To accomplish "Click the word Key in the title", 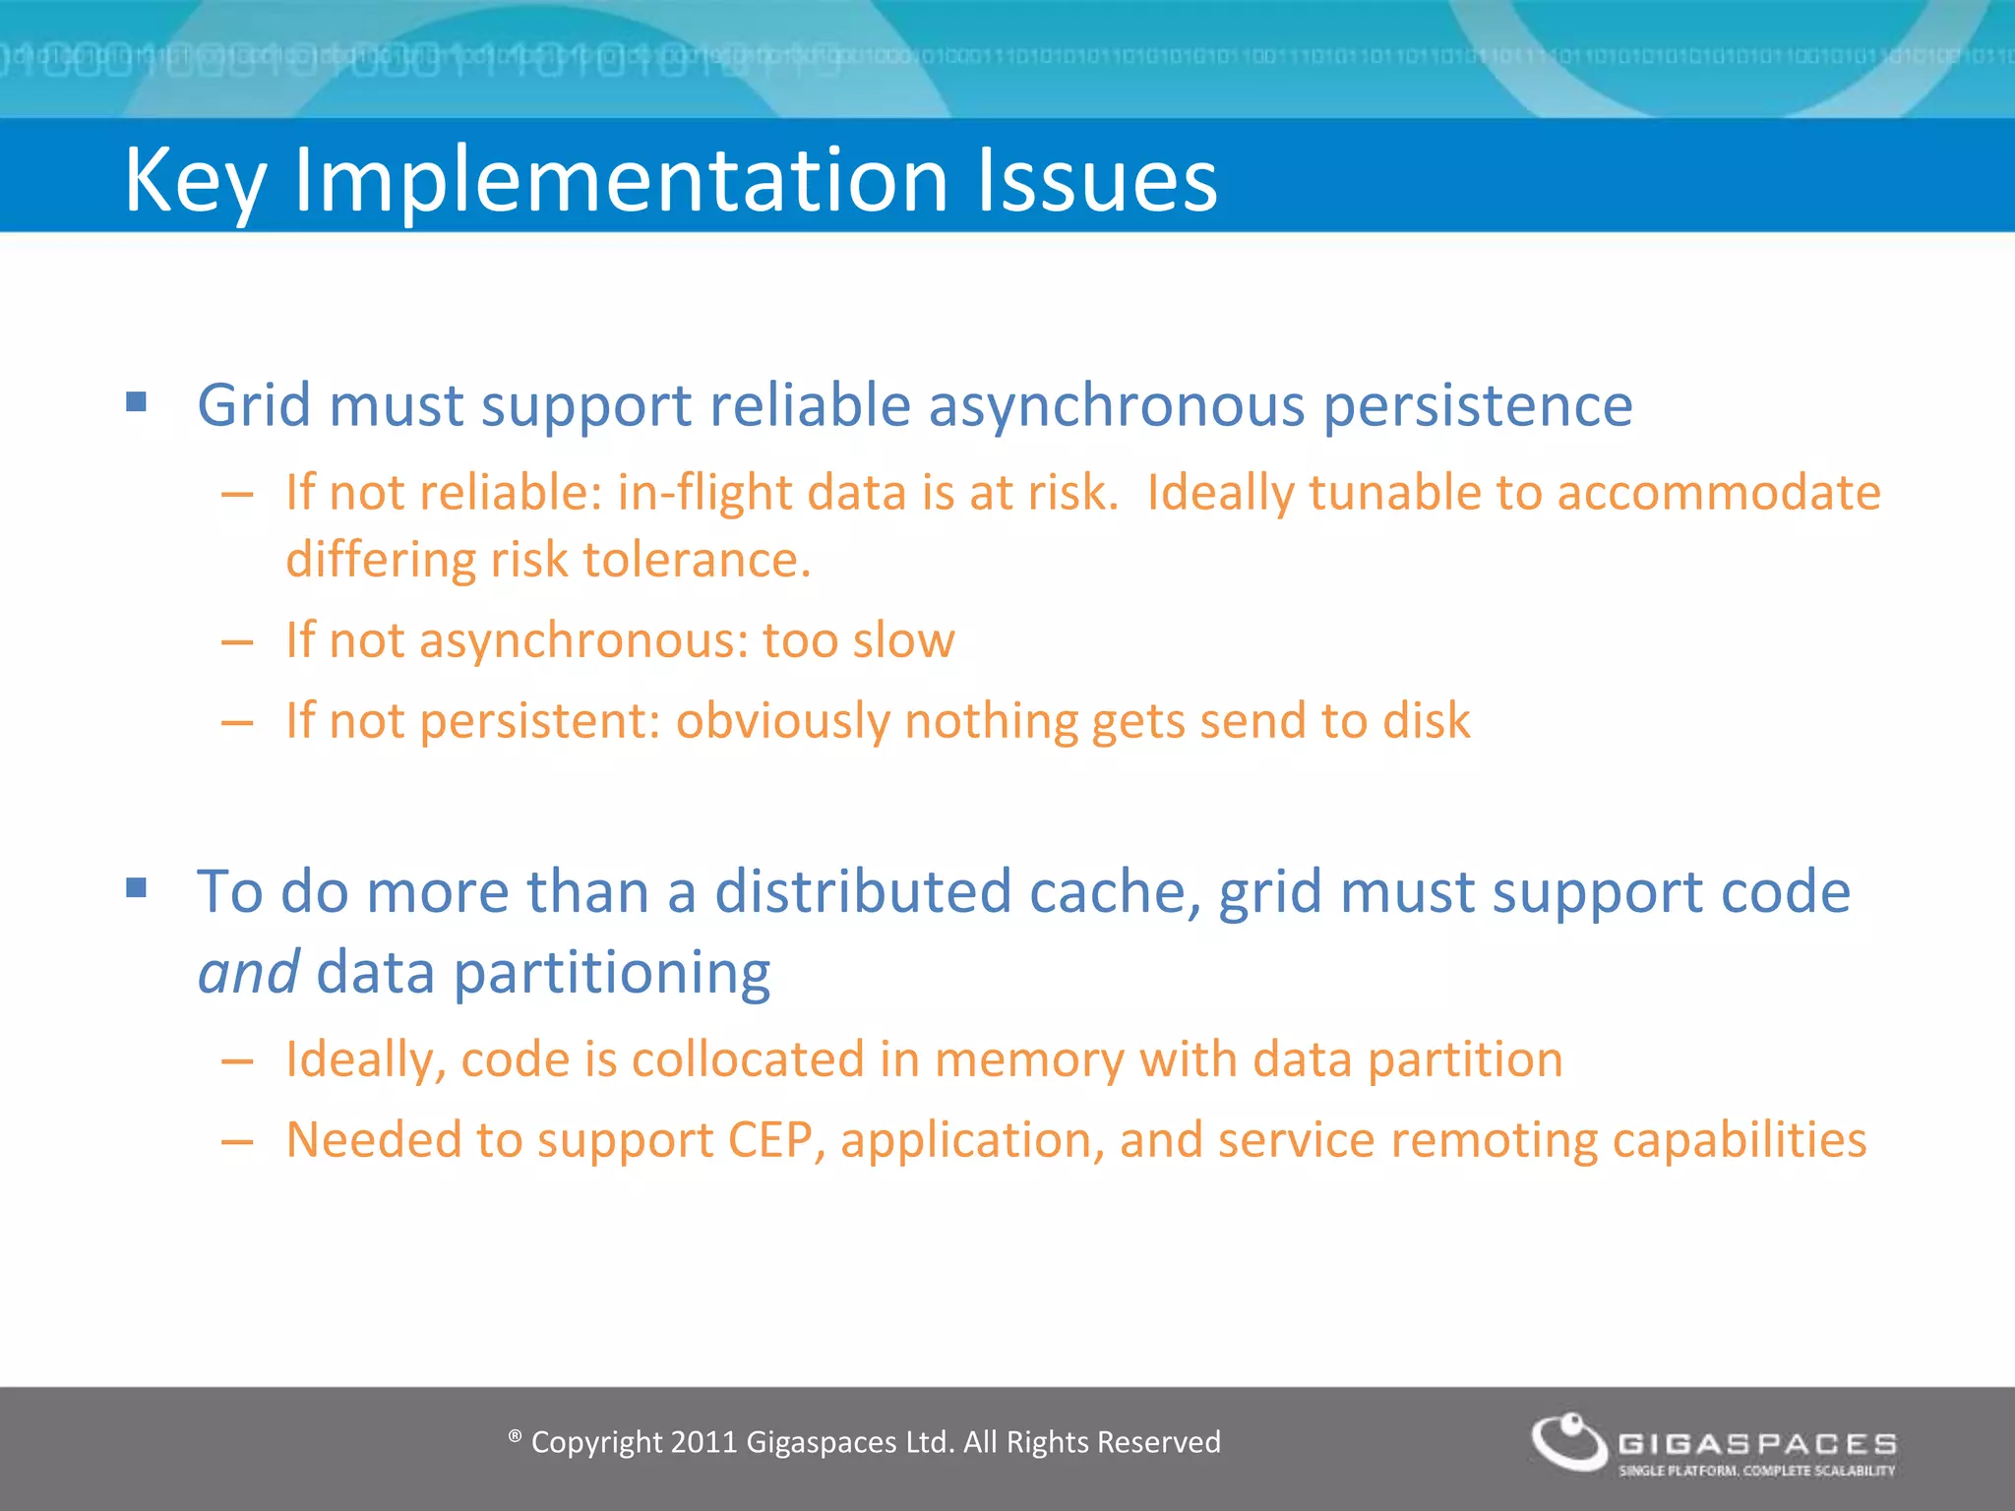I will (x=195, y=182).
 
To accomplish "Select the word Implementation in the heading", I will (x=620, y=182).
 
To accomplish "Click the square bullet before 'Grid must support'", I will (x=137, y=401).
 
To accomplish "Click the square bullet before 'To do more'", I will (x=137, y=888).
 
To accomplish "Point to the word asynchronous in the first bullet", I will (x=1116, y=406).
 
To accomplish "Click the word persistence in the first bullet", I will (x=1478, y=406).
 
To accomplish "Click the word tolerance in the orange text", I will (x=697, y=560).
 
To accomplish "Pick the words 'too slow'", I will (x=858, y=640).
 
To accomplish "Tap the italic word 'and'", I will (x=248, y=973).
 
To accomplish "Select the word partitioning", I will (x=611, y=975).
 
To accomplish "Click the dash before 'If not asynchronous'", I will (x=237, y=642).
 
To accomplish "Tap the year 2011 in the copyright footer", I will (x=703, y=1442).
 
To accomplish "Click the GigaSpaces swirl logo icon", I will (x=1568, y=1443).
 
